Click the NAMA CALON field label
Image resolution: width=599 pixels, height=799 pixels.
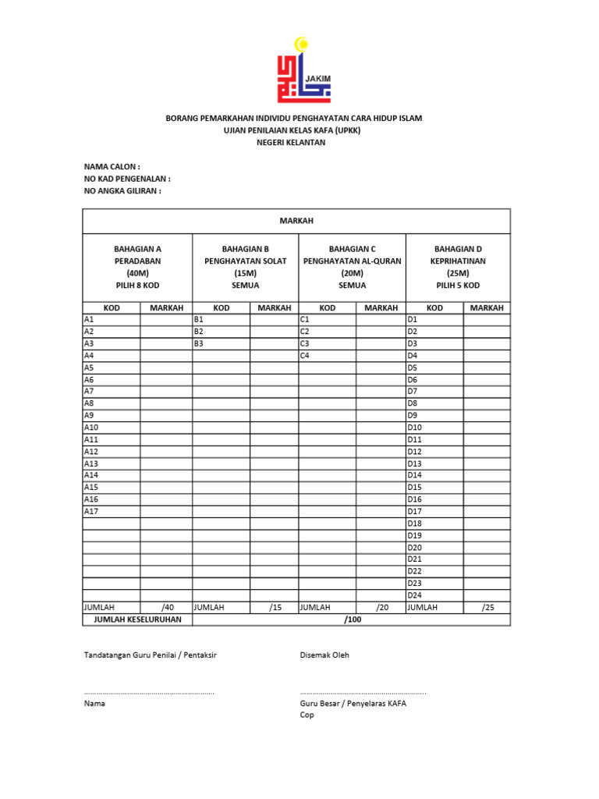click(112, 167)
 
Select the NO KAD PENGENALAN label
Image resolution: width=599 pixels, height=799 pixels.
click(127, 179)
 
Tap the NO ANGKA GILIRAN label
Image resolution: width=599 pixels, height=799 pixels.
click(122, 190)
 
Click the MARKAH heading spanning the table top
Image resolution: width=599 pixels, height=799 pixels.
click(296, 222)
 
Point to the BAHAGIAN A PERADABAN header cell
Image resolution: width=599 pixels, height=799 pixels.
click(137, 267)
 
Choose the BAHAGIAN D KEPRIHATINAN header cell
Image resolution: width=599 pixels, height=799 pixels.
click(458, 267)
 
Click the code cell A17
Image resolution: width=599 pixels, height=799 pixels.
click(112, 511)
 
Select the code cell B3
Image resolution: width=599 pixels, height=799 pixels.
click(221, 343)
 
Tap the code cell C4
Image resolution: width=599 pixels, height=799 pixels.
click(328, 355)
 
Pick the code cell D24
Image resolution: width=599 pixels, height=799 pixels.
click(434, 595)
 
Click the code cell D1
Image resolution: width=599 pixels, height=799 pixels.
click(434, 319)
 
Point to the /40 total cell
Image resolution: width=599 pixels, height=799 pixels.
click(166, 607)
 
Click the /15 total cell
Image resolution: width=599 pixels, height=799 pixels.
click(274, 607)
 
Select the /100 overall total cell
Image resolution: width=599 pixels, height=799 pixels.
click(351, 620)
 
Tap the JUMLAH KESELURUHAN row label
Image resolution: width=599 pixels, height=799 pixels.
click(137, 620)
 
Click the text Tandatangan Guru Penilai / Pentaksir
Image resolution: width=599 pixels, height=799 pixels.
click(150, 655)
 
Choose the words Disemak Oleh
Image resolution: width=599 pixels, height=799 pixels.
click(324, 655)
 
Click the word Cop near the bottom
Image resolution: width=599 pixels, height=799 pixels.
click(307, 715)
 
